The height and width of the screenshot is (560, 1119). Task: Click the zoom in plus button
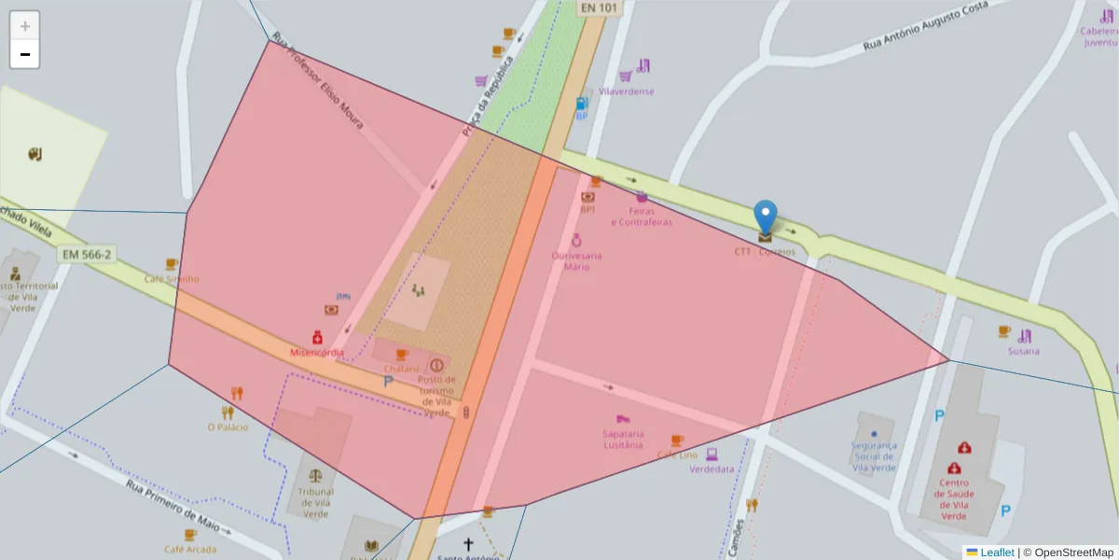pos(25,26)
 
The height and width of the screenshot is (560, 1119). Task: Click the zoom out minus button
pos(25,54)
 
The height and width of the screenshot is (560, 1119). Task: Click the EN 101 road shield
pos(599,7)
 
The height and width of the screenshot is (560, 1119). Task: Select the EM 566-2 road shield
pos(85,254)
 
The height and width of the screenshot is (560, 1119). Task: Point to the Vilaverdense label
pos(626,91)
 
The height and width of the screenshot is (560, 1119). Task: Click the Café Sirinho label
pos(172,278)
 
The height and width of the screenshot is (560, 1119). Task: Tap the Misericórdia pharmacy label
pos(317,352)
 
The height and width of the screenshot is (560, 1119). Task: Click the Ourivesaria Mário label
pos(576,260)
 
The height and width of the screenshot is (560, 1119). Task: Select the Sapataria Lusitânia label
pos(623,439)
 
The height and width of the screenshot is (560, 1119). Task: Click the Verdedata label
pos(711,469)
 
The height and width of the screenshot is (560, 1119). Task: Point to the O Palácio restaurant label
pos(228,427)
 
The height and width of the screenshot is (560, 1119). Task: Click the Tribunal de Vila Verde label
pos(315,502)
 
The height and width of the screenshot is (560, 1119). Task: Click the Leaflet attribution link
pos(997,553)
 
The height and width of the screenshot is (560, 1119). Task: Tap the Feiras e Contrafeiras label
pos(642,217)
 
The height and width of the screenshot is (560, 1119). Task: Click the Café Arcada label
pos(190,549)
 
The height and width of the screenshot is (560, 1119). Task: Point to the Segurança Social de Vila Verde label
pos(874,456)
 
